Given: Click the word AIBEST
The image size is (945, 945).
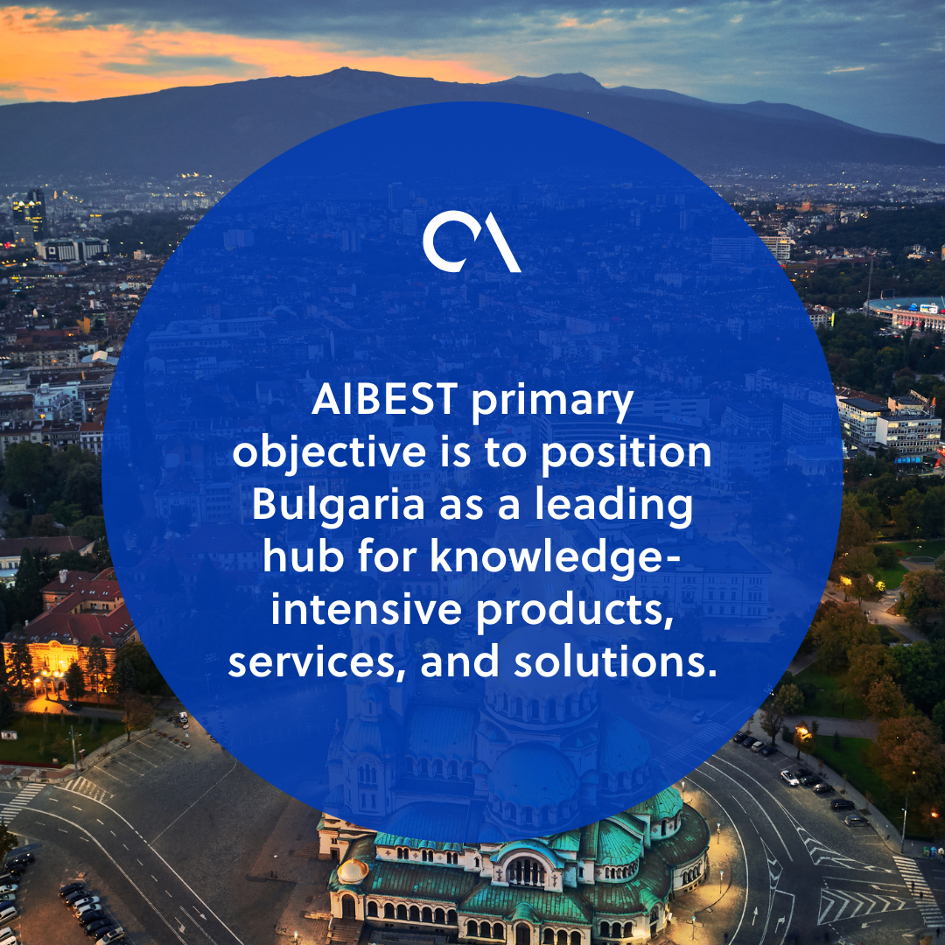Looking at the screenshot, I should pyautogui.click(x=384, y=401).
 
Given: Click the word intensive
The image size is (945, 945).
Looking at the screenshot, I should pyautogui.click(x=367, y=610).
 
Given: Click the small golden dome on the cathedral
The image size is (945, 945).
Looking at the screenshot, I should pyautogui.click(x=353, y=871).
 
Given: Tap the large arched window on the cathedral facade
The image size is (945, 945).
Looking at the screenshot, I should pyautogui.click(x=525, y=871).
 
